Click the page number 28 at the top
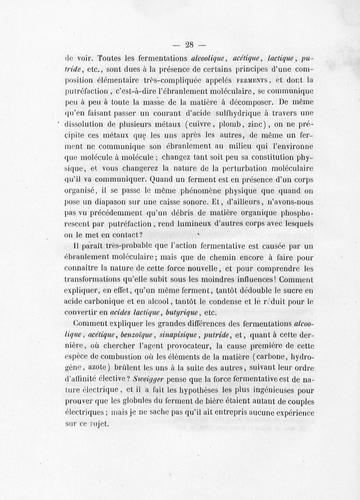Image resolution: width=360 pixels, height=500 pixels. (189, 44)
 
